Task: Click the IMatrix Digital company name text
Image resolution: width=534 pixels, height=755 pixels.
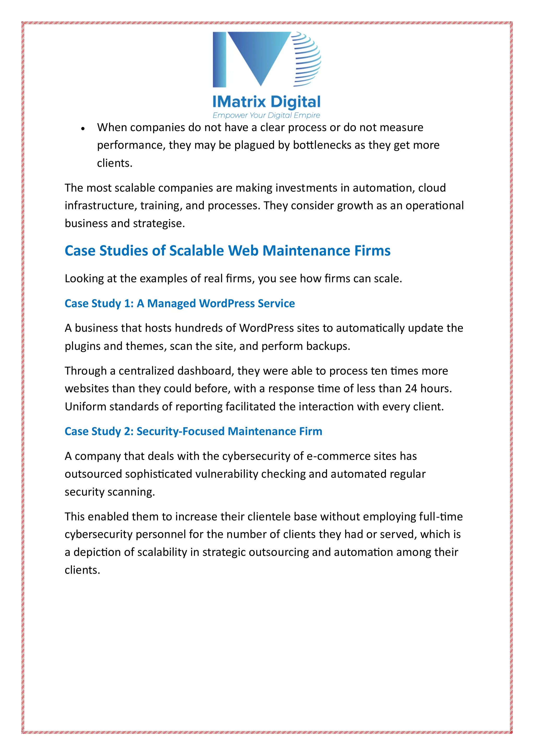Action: click(x=266, y=102)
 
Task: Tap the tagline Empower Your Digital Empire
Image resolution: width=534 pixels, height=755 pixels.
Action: click(x=266, y=115)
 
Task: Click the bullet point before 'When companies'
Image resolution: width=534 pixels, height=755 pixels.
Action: click(x=83, y=129)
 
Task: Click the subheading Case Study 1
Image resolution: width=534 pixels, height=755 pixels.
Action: click(x=179, y=304)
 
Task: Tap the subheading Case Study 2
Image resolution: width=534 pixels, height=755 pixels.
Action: click(x=193, y=431)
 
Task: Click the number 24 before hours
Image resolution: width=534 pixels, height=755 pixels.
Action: click(x=411, y=389)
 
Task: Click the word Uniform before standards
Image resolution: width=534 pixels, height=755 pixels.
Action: click(x=86, y=407)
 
